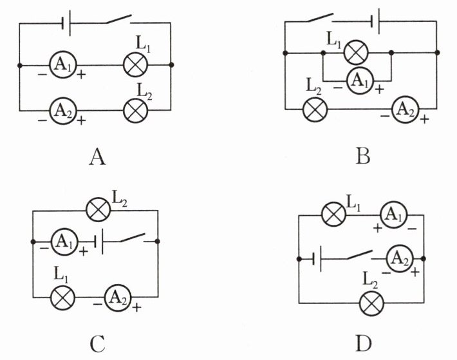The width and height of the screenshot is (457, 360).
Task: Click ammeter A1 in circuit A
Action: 63,64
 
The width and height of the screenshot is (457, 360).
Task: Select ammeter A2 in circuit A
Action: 63,111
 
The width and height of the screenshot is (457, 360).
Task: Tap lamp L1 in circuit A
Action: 136,64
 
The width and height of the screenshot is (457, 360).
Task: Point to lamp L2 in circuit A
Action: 136,111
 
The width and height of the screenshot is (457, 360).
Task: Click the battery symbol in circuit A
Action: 66,23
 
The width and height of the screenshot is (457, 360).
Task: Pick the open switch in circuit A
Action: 118,19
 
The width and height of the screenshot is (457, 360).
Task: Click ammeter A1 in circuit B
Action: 360,81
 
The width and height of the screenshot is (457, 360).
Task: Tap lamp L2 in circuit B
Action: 315,109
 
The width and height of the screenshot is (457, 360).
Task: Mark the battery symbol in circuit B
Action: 376,21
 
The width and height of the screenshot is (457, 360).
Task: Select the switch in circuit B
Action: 320,17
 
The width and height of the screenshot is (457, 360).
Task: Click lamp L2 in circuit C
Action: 98,209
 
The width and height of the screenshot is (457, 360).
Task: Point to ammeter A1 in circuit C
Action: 65,242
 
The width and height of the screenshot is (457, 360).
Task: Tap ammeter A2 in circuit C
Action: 118,298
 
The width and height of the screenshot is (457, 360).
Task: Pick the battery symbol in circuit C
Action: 99,242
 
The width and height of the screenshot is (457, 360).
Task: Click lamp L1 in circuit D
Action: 333,214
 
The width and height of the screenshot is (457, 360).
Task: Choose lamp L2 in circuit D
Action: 371,303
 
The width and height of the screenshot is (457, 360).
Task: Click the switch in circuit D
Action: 360,254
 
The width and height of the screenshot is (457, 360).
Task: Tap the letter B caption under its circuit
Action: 363,156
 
